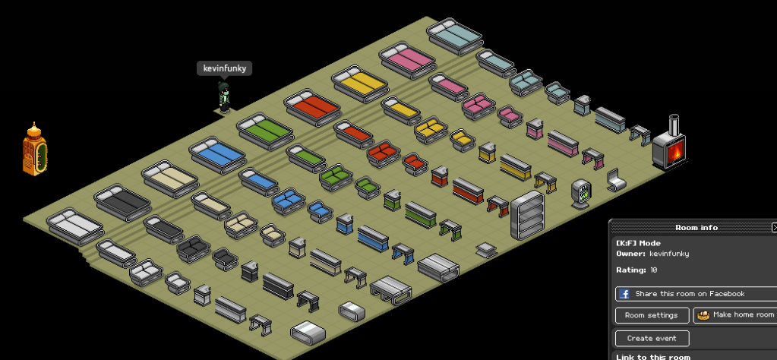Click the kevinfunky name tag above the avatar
coord(225,68)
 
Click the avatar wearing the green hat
coord(224,97)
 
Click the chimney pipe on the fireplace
coord(674,125)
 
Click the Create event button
coord(652,338)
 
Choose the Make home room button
coord(735,315)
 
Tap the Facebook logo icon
coord(624,294)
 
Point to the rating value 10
coord(654,270)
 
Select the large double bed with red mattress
coord(312,107)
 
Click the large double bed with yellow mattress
coord(360,84)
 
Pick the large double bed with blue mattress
coord(217,155)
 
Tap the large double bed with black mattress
coord(122,203)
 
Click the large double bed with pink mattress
coord(407,60)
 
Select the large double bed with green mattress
coord(264,131)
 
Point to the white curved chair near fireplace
coord(615,180)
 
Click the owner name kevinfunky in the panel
coord(669,254)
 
